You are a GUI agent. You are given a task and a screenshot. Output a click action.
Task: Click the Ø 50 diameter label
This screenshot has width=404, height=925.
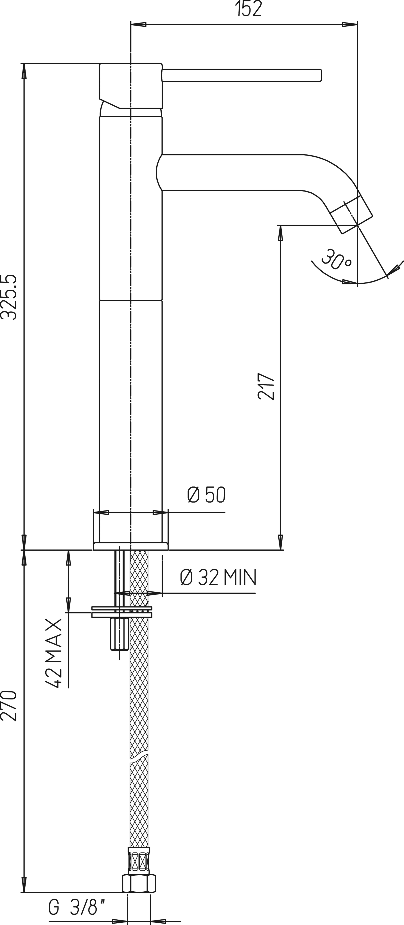pyautogui.click(x=206, y=495)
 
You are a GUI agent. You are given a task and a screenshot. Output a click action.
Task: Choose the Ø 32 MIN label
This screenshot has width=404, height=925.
pyautogui.click(x=218, y=577)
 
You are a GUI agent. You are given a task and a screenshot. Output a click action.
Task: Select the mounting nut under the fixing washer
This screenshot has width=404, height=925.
pyautogui.click(x=120, y=634)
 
